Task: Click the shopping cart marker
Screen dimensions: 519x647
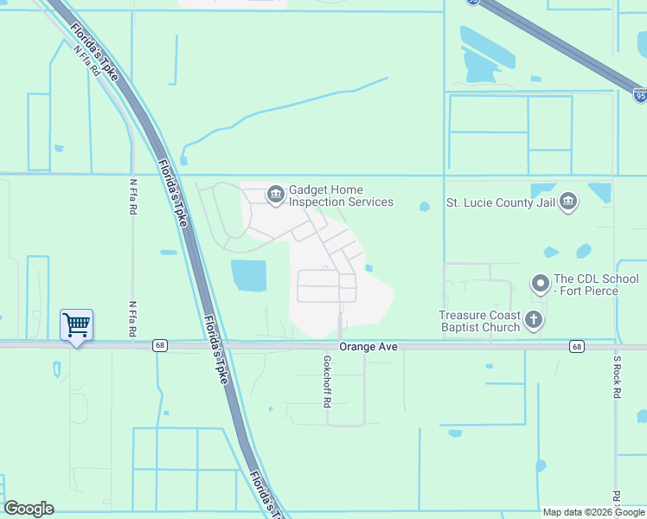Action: coord(76,326)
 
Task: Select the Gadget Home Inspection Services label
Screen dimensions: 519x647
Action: coord(341,196)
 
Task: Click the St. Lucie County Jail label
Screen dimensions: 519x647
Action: coord(500,203)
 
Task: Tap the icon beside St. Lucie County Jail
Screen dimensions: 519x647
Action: coord(568,202)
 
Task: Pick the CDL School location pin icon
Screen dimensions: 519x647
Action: coord(541,284)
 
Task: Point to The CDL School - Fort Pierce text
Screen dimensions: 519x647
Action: coord(597,285)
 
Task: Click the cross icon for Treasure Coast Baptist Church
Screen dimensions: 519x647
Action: coord(535,320)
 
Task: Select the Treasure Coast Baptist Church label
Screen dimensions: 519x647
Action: coord(479,321)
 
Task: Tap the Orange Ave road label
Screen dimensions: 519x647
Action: coord(368,346)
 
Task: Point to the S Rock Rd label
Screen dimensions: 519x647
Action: coord(617,376)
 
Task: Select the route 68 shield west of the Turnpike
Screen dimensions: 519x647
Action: coord(160,345)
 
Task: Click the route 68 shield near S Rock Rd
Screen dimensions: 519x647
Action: coord(577,346)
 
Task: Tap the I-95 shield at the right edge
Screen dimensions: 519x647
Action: coord(638,94)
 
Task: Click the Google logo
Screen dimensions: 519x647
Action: coord(29,509)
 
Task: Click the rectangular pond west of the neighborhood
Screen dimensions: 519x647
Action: coord(248,275)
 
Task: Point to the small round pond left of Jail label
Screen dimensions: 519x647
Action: coord(424,206)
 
